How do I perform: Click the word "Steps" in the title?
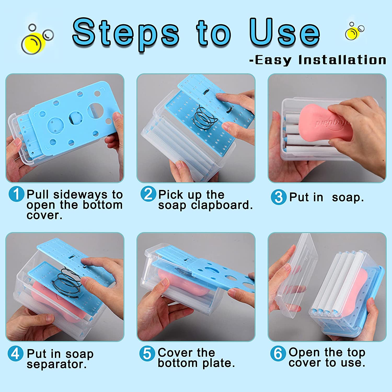[126, 34]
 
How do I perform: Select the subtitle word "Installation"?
[342, 60]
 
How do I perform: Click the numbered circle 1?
[16, 194]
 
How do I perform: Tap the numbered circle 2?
[148, 194]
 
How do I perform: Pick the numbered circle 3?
[279, 197]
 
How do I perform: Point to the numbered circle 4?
[15, 353]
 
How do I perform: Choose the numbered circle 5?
[147, 353]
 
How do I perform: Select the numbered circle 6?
[278, 353]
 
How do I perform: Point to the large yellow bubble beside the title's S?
[31, 43]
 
